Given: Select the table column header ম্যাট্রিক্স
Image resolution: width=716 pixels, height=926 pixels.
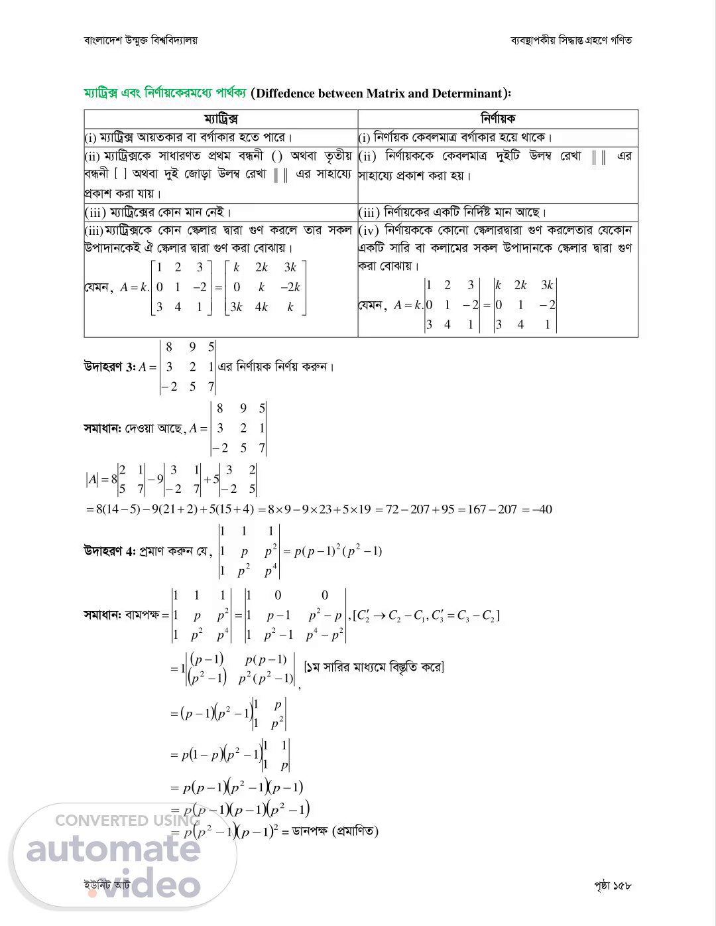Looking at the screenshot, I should pyautogui.click(x=221, y=119).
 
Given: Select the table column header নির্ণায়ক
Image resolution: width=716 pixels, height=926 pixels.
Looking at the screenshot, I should pyautogui.click(x=498, y=119).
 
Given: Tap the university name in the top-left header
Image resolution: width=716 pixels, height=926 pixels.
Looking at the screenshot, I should pyautogui.click(x=141, y=40).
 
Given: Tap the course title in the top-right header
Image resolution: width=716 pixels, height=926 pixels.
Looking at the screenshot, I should pyautogui.click(x=571, y=40).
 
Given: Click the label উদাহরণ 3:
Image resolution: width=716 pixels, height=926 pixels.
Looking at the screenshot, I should pyautogui.click(x=109, y=367).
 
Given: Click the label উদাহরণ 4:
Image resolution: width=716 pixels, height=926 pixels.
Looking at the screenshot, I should pyautogui.click(x=109, y=551).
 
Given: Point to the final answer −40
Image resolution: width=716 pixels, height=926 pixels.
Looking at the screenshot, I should pyautogui.click(x=540, y=510).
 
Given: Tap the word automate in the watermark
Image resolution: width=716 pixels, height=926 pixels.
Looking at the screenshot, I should pyautogui.click(x=113, y=849).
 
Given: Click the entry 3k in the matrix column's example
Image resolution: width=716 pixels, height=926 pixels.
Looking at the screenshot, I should pyautogui.click(x=290, y=267).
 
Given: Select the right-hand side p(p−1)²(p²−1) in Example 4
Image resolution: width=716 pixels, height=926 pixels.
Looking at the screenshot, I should pyautogui.click(x=337, y=552).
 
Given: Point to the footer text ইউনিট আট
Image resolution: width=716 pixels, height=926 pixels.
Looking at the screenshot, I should pyautogui.click(x=107, y=886).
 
